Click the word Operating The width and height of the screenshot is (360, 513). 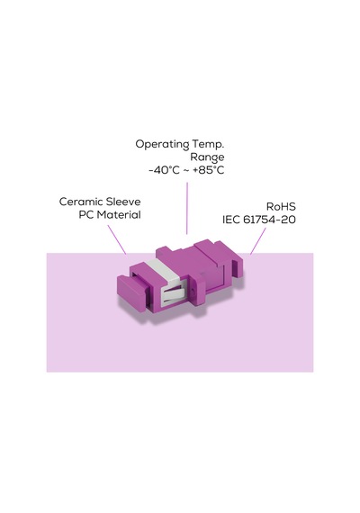(162, 144)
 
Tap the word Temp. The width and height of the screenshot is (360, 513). (208, 144)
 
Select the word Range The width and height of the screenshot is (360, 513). (207, 157)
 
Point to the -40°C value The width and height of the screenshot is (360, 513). (165, 170)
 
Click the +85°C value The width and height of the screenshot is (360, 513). (209, 170)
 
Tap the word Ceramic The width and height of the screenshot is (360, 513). (79, 202)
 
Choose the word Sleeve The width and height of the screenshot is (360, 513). (121, 202)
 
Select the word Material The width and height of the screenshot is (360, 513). (119, 215)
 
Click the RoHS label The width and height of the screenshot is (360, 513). (281, 207)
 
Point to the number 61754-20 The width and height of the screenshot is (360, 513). (270, 220)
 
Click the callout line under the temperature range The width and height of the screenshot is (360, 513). (187, 209)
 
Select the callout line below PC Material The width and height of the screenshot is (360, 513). (117, 239)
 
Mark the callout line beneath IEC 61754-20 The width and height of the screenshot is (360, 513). (258, 241)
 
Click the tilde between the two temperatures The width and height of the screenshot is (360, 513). (186, 170)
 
